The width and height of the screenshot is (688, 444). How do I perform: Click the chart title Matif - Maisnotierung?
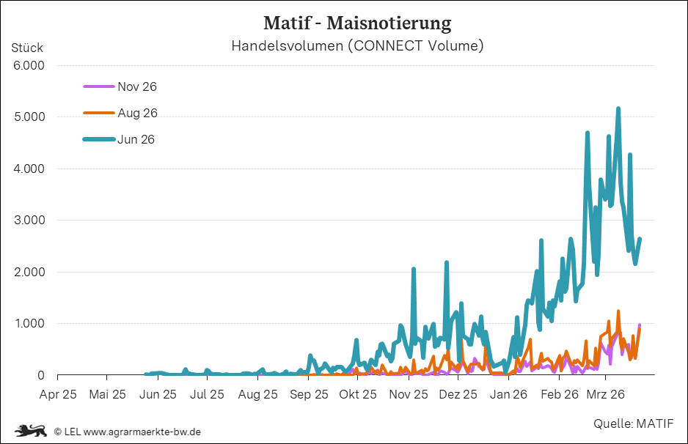(x=357, y=23)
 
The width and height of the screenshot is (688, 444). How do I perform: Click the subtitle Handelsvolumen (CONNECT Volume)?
(x=357, y=46)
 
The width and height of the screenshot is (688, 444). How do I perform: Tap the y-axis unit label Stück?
(x=27, y=48)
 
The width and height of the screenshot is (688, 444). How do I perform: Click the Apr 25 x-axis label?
(x=58, y=394)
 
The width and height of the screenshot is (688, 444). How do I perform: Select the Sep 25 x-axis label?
(x=309, y=394)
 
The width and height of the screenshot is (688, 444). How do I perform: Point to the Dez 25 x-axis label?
(x=458, y=394)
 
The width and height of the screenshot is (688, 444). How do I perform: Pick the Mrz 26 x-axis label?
(x=606, y=394)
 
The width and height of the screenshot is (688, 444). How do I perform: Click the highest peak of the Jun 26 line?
(x=618, y=109)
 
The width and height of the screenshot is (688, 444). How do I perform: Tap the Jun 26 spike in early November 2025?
(x=414, y=270)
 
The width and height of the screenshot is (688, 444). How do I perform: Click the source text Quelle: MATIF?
(x=633, y=423)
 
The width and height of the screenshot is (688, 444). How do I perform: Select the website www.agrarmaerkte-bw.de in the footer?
(x=142, y=432)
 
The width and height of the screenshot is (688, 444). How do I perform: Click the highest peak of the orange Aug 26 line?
(x=618, y=311)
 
